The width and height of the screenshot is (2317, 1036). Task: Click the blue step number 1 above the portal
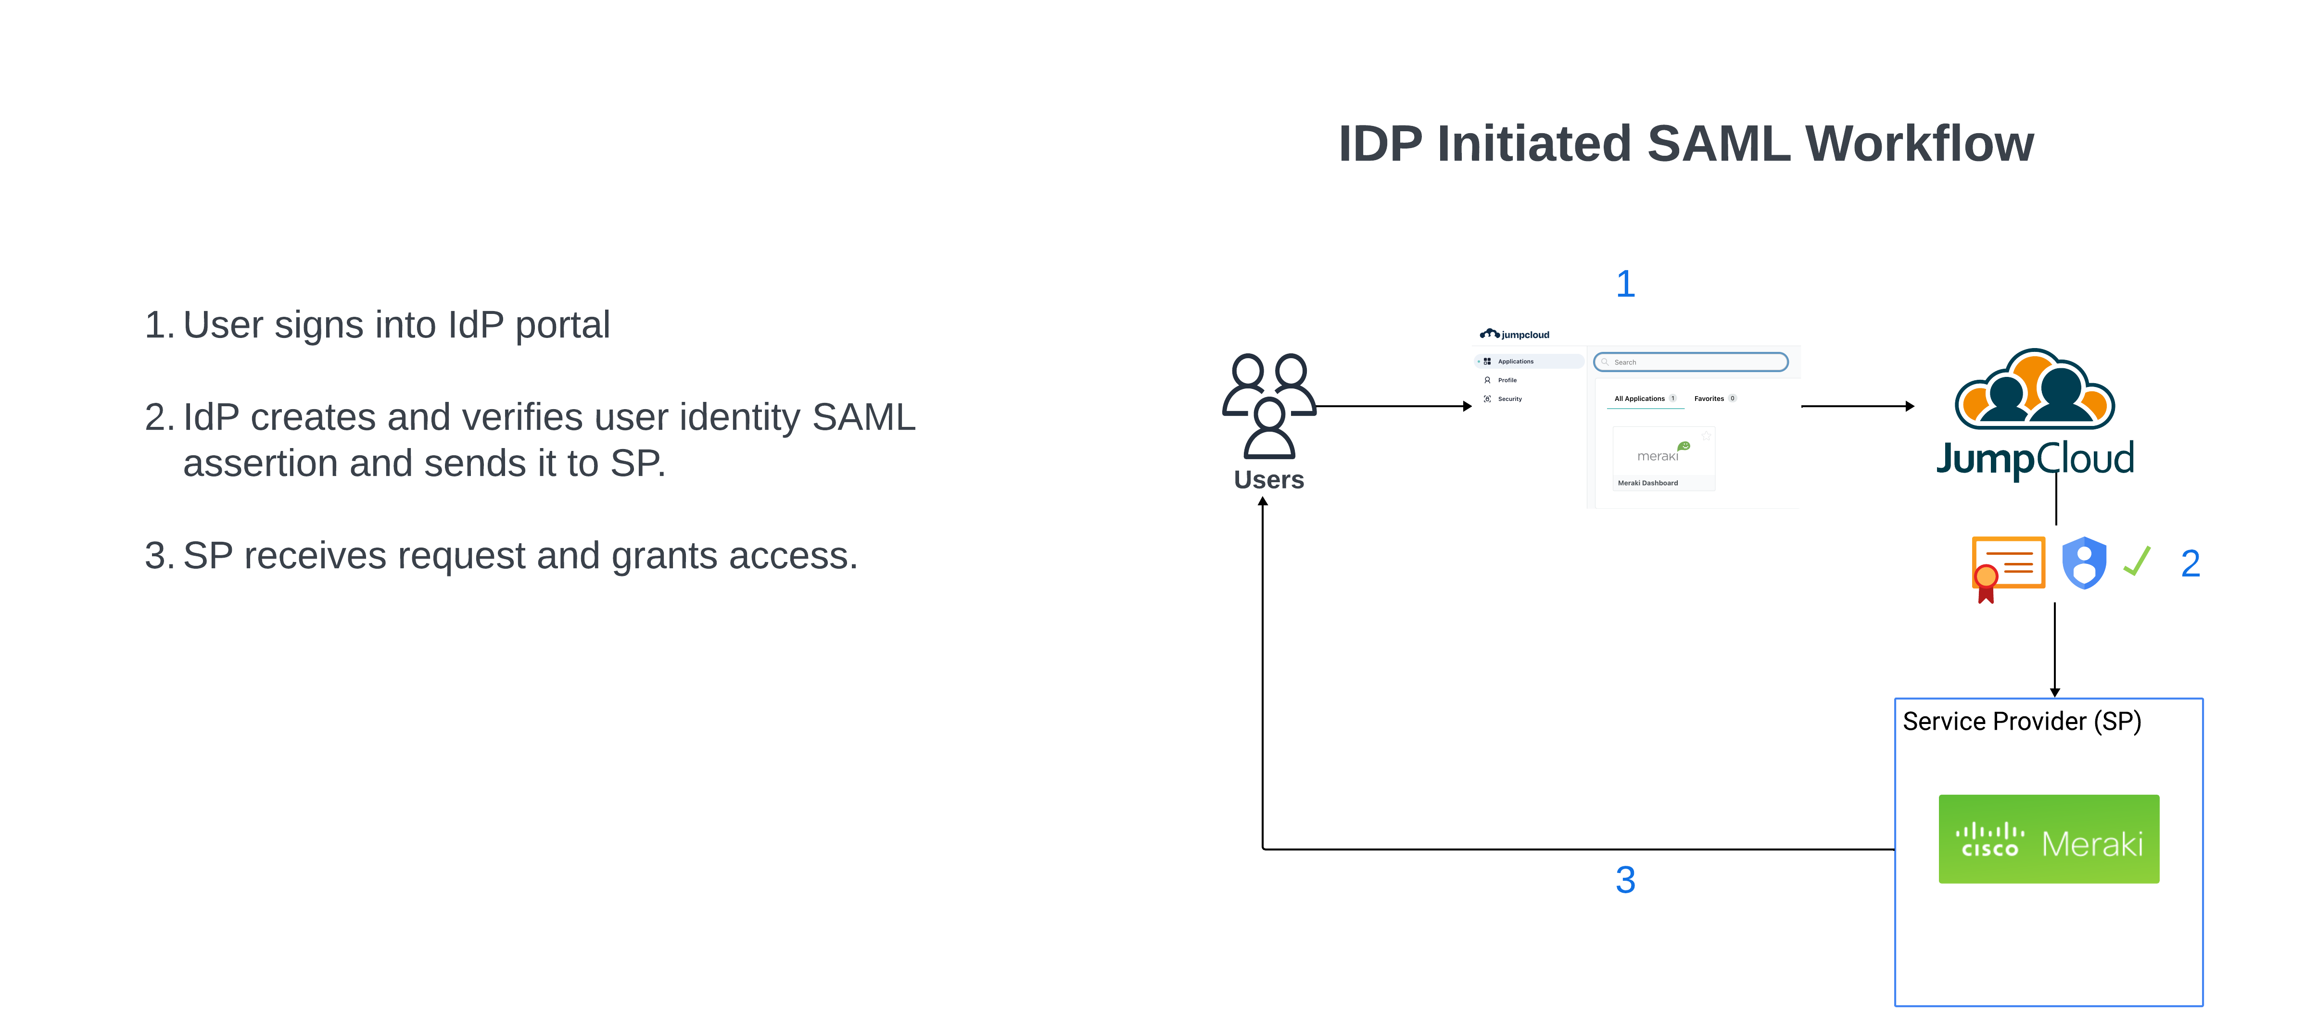[1624, 284]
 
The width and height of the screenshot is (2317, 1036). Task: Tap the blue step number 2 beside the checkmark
[2190, 564]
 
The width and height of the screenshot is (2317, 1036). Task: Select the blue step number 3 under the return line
[1624, 880]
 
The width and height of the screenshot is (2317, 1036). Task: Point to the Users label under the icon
[1268, 479]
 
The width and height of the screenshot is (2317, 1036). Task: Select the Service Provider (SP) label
[2021, 721]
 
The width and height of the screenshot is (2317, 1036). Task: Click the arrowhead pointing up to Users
[1263, 502]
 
